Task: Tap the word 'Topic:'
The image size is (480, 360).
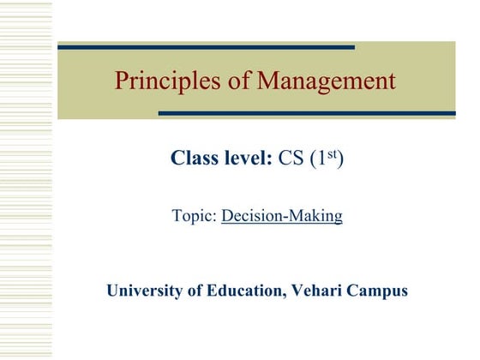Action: point(195,216)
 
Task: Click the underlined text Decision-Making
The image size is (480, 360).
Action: point(282,216)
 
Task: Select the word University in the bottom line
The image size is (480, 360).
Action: point(142,291)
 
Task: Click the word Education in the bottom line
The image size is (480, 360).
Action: point(242,291)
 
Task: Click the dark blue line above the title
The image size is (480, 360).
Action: point(206,46)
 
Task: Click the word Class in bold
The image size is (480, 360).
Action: point(194,159)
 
